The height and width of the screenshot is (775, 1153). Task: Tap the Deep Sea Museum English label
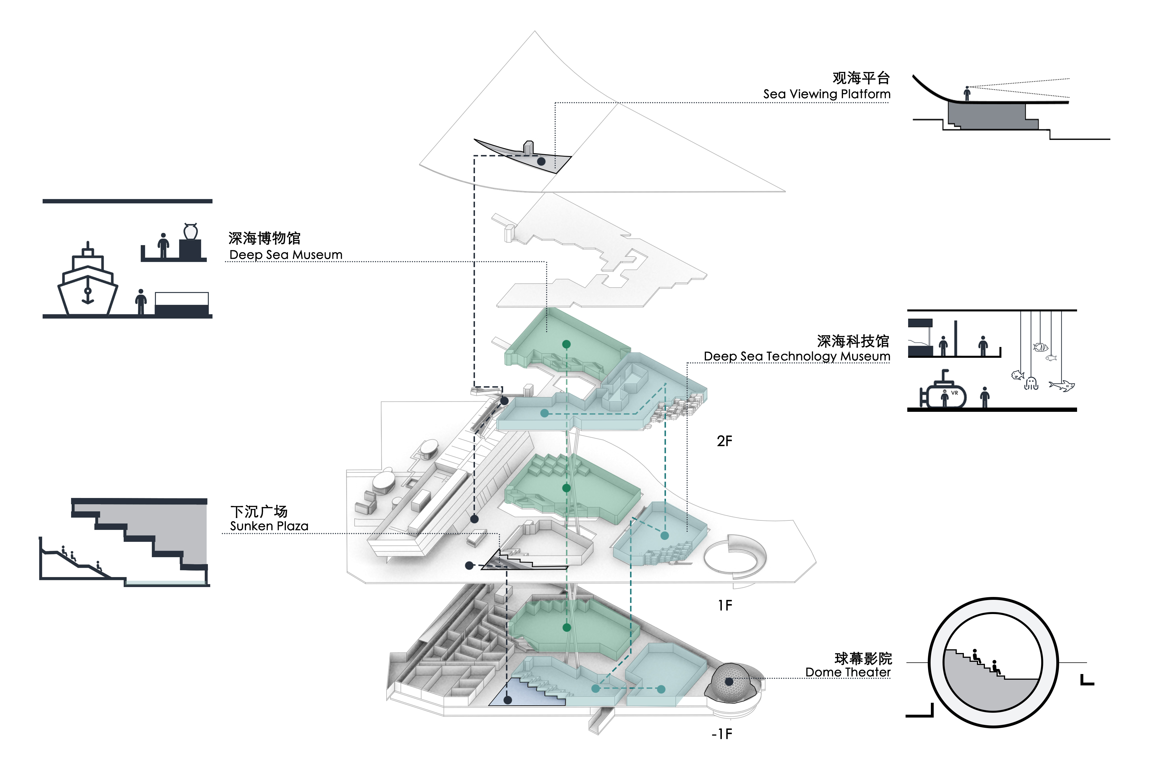(x=286, y=255)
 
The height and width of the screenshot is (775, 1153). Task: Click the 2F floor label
(x=724, y=441)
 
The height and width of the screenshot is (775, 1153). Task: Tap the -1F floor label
(x=722, y=734)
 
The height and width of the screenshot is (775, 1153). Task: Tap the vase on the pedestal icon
(x=190, y=231)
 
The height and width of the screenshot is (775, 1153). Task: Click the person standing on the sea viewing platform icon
(x=967, y=93)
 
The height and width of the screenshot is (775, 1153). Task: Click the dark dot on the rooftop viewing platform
(x=541, y=162)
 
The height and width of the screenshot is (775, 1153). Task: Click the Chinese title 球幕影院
(x=863, y=658)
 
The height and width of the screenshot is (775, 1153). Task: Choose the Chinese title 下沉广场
(x=259, y=512)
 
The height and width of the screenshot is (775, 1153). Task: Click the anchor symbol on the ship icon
(x=88, y=295)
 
